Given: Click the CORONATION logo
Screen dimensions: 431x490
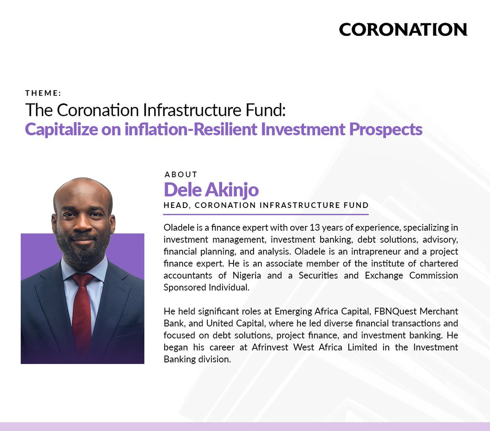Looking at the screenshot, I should (x=403, y=29).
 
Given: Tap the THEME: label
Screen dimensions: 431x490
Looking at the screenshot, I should (x=43, y=93).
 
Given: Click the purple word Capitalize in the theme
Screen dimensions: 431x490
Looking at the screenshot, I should (x=61, y=130).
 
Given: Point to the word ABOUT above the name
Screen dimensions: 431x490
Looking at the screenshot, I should (x=181, y=174).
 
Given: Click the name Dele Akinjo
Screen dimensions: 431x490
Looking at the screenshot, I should (x=211, y=190).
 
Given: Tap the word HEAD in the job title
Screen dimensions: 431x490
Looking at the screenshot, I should (x=176, y=205).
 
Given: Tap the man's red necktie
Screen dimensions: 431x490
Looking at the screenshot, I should (x=82, y=306).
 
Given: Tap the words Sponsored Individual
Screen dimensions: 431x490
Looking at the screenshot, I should (x=206, y=287).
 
